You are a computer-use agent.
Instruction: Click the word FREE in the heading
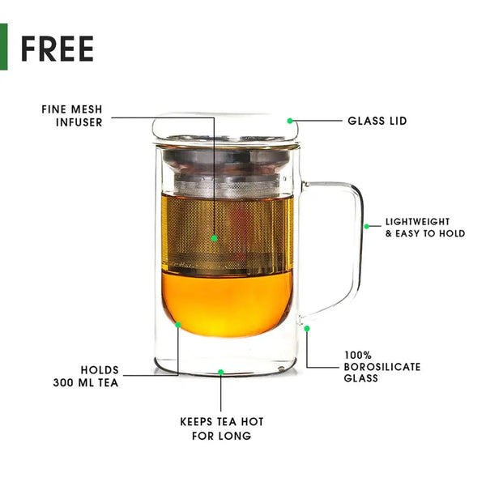point(57,49)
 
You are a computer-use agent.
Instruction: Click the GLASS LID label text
point(377,122)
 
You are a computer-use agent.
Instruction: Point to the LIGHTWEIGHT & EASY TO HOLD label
point(425,227)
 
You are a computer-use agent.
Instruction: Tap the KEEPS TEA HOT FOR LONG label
point(221,428)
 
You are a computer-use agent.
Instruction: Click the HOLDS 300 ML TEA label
point(87,376)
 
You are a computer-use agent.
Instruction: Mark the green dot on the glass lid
point(290,121)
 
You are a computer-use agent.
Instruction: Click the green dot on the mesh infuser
point(215,238)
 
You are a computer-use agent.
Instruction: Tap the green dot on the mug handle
point(366,226)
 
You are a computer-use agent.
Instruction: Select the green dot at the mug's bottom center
point(221,373)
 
